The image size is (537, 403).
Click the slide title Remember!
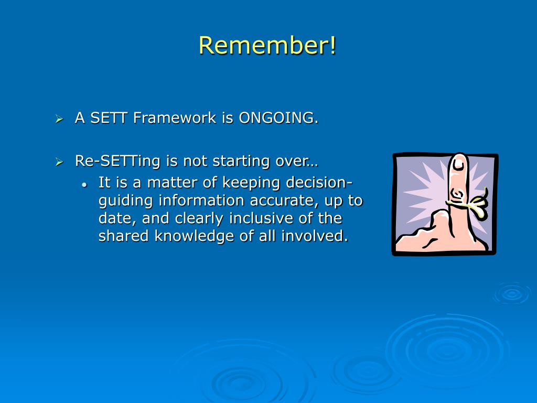268,45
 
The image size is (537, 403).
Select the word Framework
175,118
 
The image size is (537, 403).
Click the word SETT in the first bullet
109,118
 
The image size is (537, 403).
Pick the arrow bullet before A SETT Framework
59,119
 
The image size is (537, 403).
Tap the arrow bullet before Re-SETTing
59,162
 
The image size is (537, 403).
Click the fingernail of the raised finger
458,164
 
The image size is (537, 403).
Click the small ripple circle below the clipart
512,293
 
